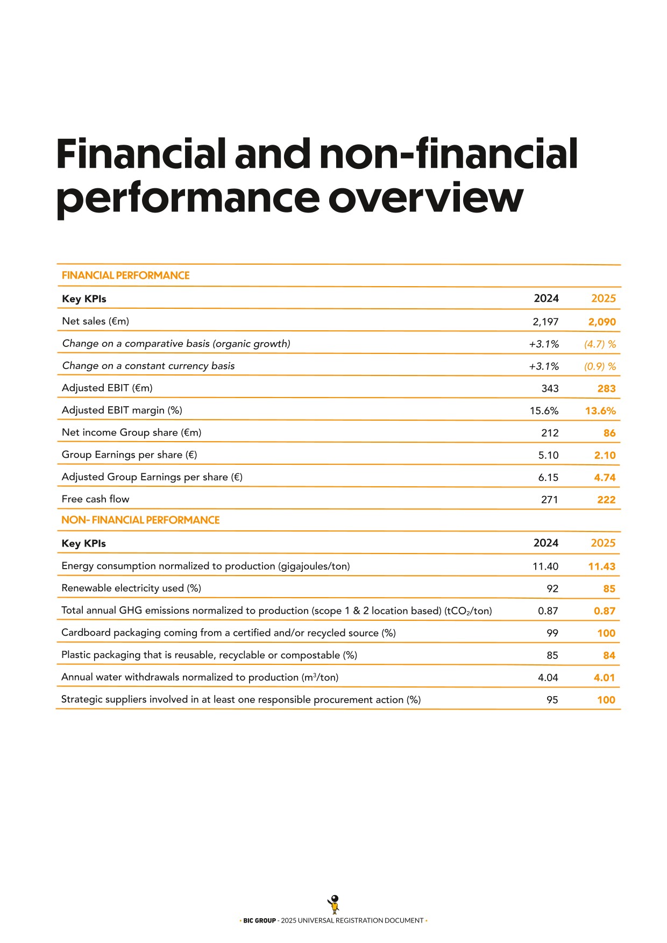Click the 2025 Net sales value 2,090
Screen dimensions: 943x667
601,322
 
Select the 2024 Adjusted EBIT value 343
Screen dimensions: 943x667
550,388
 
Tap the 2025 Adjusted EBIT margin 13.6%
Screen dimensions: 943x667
600,411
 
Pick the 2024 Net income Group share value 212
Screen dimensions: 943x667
550,433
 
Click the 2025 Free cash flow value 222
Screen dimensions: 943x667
606,500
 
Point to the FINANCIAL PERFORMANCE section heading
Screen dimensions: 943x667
125,275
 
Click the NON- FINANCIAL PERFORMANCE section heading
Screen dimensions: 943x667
140,520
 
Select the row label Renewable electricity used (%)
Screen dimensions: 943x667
131,588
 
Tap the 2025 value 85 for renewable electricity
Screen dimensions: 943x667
609,589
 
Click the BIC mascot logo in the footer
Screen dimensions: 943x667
334,904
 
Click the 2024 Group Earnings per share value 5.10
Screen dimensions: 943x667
548,455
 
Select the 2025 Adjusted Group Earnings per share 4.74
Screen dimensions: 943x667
605,478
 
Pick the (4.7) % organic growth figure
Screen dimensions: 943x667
600,344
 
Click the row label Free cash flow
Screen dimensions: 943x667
95,499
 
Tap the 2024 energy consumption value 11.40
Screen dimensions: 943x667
545,566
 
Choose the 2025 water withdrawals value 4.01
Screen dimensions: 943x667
604,678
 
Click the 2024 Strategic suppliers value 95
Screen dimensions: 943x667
552,700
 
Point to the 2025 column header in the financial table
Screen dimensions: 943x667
603,299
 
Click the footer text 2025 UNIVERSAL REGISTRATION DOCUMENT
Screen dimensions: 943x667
352,920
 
